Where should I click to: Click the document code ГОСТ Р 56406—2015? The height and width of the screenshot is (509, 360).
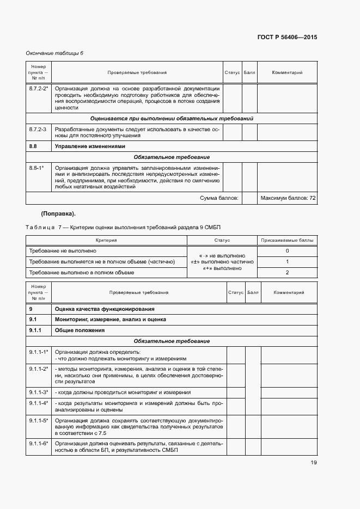click(x=286, y=38)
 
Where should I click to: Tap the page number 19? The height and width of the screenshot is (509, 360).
click(x=313, y=463)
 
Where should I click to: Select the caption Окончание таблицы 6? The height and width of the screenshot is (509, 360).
click(x=54, y=53)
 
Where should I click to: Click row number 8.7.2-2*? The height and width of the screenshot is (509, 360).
click(x=39, y=88)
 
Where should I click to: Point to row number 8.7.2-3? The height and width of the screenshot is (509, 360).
click(x=37, y=129)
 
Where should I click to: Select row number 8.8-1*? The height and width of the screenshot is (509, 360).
click(x=36, y=168)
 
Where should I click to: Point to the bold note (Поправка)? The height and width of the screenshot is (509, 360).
click(x=58, y=213)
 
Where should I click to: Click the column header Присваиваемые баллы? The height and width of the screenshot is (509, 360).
click(x=287, y=240)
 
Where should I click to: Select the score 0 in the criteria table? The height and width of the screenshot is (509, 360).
click(x=287, y=250)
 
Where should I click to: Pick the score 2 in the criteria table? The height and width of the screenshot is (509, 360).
click(x=287, y=272)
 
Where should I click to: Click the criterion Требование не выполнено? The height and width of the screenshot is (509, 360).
click(x=63, y=250)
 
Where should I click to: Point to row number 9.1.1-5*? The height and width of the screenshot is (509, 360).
click(x=39, y=421)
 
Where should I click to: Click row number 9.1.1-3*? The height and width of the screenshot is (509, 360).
click(x=39, y=392)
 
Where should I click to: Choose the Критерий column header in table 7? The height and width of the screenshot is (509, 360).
click(x=106, y=240)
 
